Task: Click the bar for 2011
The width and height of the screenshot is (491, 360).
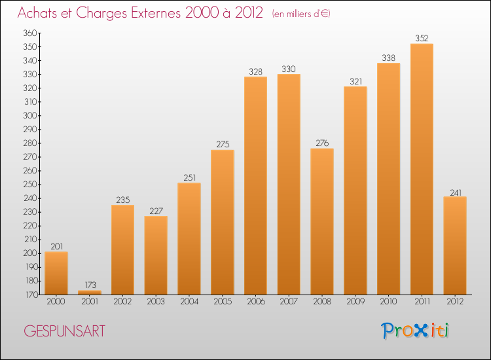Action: tap(422, 169)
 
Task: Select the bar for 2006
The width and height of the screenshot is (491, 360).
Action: tap(255, 186)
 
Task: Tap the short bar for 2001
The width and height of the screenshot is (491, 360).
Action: tap(90, 293)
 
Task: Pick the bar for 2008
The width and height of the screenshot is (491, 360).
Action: tap(322, 221)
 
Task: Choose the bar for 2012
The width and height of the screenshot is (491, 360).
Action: tap(455, 245)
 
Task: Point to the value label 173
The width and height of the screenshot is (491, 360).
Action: tap(90, 285)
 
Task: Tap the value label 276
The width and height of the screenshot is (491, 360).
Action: tap(322, 143)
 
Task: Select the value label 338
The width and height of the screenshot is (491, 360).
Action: tap(388, 58)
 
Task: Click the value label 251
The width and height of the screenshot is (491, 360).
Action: tap(189, 177)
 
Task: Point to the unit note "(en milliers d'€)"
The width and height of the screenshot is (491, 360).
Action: tap(301, 14)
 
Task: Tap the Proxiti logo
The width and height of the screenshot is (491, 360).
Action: tap(416, 331)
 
